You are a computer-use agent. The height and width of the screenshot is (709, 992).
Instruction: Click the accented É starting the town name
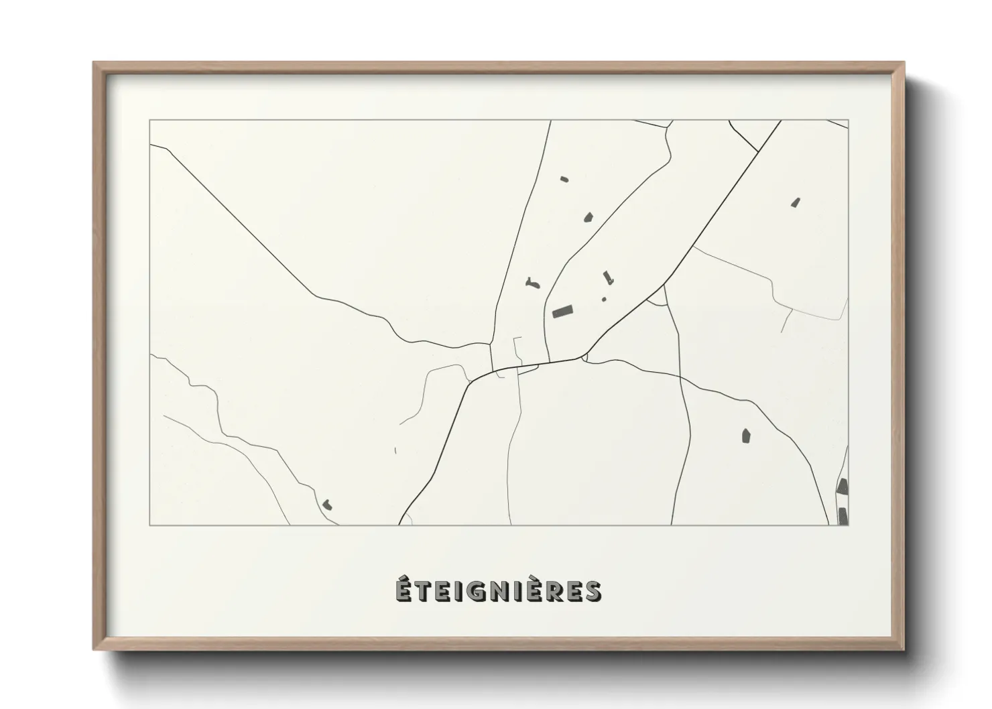(401, 590)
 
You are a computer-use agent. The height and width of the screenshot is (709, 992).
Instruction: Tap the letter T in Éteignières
(420, 591)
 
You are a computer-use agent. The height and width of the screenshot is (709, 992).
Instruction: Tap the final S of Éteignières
(593, 591)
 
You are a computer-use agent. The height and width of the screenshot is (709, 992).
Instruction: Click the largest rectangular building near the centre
(563, 311)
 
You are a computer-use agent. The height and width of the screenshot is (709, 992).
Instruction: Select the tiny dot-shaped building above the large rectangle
(604, 299)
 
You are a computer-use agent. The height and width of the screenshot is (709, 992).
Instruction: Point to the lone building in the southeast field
(746, 436)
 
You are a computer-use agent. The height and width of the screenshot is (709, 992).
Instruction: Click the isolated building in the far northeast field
(796, 202)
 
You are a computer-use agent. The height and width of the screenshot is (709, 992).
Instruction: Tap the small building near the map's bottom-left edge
(327, 504)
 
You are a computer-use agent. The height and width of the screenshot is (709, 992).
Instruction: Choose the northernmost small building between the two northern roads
(564, 179)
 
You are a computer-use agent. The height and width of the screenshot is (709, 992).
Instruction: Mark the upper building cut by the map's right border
(843, 487)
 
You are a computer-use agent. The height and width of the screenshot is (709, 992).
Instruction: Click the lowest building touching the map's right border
(843, 515)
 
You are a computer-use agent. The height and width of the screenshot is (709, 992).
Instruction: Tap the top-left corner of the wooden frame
(95, 63)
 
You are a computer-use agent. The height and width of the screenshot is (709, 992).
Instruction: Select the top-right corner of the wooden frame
(903, 63)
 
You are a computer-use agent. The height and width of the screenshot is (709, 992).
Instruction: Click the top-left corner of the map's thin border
(149, 121)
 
